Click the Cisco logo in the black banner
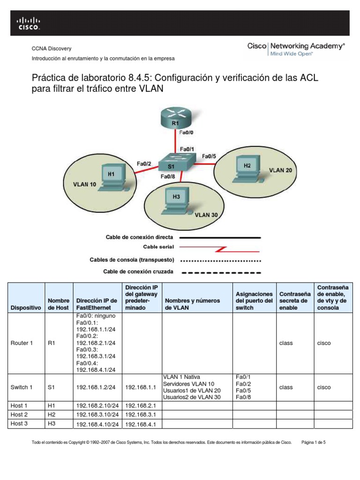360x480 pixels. [x=29, y=23]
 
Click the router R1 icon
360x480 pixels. [x=175, y=117]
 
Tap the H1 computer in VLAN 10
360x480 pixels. [x=111, y=177]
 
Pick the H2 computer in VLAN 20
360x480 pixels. [x=247, y=169]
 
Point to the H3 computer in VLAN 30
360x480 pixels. [x=176, y=200]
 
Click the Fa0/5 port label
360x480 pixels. [x=210, y=156]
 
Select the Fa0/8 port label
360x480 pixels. [x=168, y=176]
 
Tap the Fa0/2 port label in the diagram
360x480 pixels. [x=144, y=163]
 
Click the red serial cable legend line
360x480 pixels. [x=220, y=247]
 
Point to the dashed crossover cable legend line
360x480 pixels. [x=220, y=272]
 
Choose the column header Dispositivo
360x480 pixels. [x=25, y=307]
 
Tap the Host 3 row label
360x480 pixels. [x=19, y=424]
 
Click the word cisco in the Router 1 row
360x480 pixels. [x=324, y=343]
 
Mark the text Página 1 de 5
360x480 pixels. [x=316, y=442]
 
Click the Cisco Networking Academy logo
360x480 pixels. [x=296, y=49]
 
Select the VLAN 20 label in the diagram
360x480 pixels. [x=280, y=170]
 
